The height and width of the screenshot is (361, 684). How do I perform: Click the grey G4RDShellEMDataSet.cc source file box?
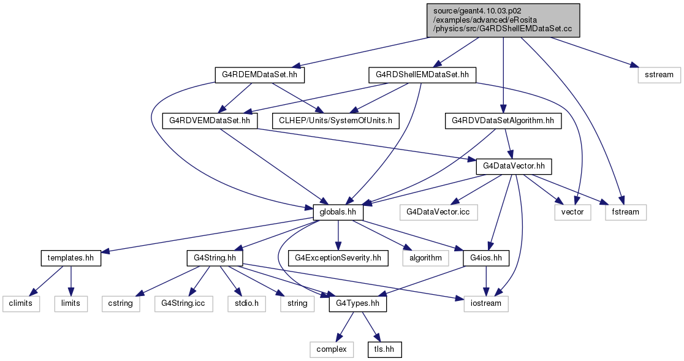[503, 20]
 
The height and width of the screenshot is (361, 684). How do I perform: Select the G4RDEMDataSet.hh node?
[259, 75]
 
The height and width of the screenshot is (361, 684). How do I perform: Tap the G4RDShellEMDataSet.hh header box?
[422, 75]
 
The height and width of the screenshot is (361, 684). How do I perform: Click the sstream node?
[659, 75]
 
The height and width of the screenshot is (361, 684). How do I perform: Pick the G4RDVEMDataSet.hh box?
[210, 121]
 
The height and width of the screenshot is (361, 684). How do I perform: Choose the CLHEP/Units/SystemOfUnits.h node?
[335, 121]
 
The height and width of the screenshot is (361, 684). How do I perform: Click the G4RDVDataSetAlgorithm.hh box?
[503, 121]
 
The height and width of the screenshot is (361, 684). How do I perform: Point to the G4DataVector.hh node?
[514, 167]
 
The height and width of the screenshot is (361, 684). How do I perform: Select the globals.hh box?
[338, 212]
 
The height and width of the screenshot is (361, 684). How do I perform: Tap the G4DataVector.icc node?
[439, 212]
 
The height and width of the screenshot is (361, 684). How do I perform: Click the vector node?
[573, 212]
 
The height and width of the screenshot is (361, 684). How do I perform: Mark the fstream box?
[626, 212]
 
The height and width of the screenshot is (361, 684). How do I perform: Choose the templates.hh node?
[70, 258]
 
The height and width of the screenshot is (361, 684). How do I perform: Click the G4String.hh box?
[214, 258]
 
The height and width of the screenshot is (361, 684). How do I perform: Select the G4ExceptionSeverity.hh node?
[338, 258]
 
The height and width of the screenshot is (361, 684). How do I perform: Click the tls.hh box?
[384, 349]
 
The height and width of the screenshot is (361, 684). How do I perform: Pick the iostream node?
[486, 303]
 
